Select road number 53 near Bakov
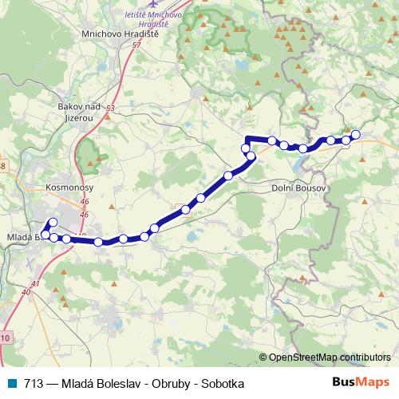(110, 107)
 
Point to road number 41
(35, 284)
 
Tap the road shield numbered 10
(6, 339)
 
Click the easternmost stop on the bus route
(356, 135)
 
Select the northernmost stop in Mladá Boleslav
(53, 223)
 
